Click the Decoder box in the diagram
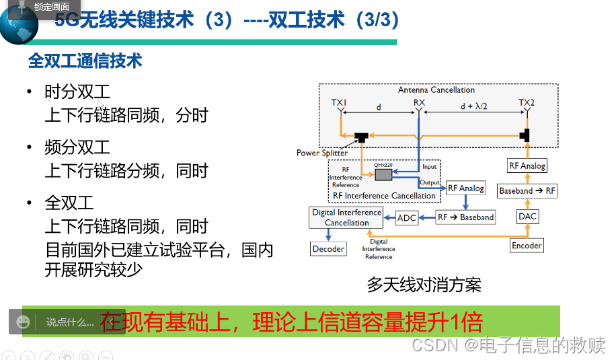(x=328, y=249)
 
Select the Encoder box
(x=527, y=246)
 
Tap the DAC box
(x=527, y=216)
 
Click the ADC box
(x=407, y=217)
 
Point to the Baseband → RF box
(x=527, y=190)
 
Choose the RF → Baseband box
(x=465, y=217)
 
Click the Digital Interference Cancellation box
(x=346, y=217)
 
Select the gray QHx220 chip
(x=383, y=174)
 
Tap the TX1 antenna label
(x=339, y=103)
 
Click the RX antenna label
(x=420, y=103)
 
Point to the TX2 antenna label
(x=527, y=103)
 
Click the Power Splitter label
(x=322, y=153)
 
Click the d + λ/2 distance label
(x=473, y=106)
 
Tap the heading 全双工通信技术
(x=85, y=61)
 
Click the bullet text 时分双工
(x=77, y=92)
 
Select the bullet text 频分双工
(x=77, y=147)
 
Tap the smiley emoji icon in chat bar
(x=24, y=322)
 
